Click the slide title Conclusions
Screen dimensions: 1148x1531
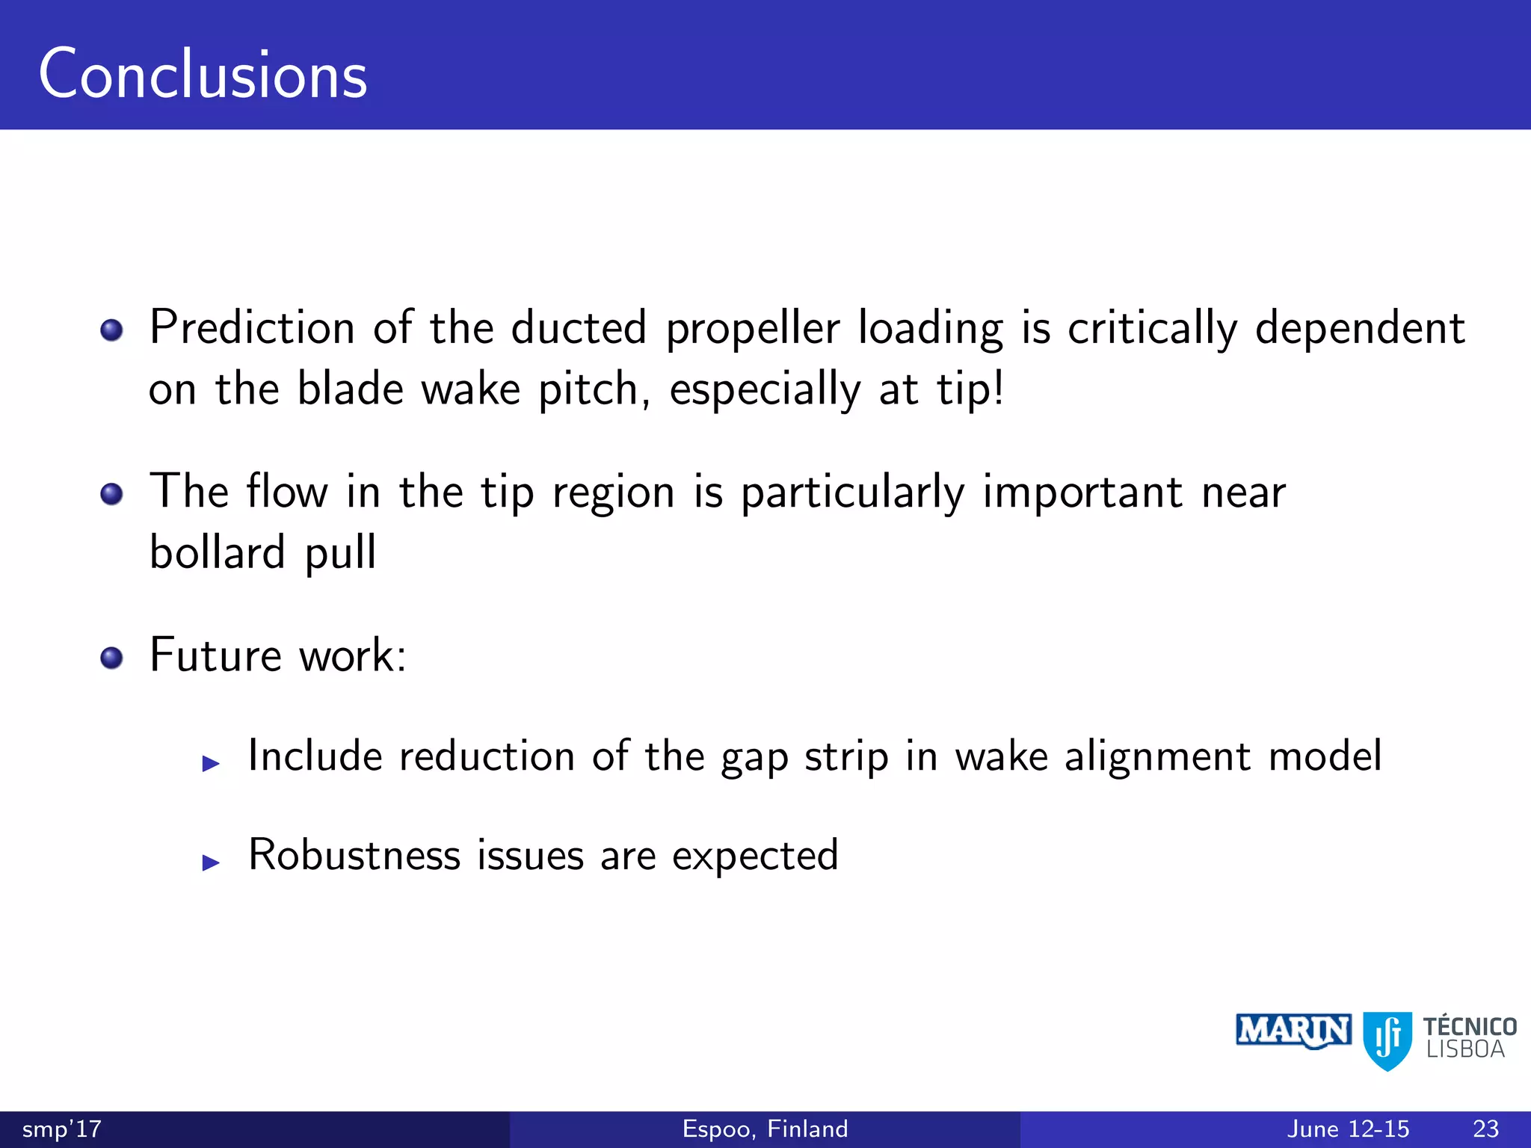[203, 74]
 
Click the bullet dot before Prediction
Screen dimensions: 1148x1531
[111, 330]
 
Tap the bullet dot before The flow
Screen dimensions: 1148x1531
[111, 494]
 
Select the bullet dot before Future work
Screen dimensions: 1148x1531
[111, 658]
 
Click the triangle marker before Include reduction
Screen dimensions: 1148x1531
[212, 763]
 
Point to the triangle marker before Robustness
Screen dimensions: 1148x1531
[212, 862]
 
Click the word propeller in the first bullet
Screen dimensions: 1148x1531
[753, 330]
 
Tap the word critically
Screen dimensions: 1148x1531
[1152, 328]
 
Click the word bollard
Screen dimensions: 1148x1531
[218, 552]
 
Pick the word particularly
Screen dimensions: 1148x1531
[852, 494]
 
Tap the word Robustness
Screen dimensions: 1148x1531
[354, 855]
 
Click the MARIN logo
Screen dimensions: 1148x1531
[1293, 1031]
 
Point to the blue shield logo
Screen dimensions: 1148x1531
[1387, 1040]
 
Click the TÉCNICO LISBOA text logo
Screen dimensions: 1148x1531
[1469, 1037]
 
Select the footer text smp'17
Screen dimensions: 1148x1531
[62, 1129]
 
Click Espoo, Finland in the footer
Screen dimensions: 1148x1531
[765, 1129]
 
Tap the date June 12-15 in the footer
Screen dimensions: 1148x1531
[1348, 1129]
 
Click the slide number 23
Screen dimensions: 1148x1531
[1485, 1129]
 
